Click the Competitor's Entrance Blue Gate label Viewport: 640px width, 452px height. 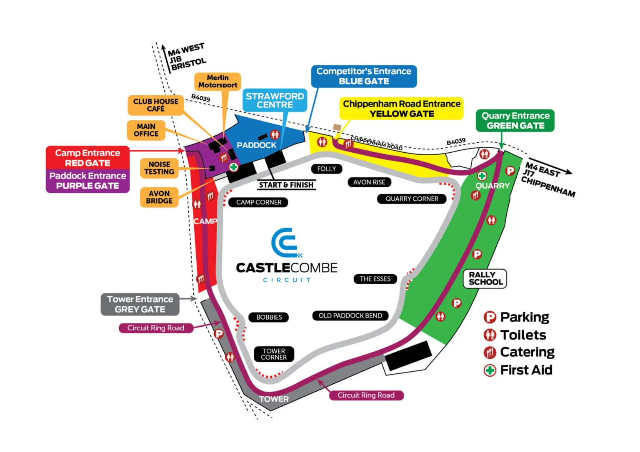[x=364, y=76]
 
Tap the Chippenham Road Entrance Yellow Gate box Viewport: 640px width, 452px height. [x=402, y=109]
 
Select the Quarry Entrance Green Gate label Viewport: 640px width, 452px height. [x=515, y=121]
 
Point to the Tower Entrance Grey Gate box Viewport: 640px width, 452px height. [x=140, y=304]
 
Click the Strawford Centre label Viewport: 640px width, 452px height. [x=275, y=100]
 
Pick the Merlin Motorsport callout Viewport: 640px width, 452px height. [x=217, y=81]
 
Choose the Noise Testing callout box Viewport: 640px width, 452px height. [x=159, y=168]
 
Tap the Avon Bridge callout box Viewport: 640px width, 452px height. [x=159, y=197]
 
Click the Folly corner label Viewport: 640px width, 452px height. [x=327, y=169]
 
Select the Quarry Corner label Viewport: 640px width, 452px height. [x=412, y=199]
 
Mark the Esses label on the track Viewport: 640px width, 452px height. [x=375, y=279]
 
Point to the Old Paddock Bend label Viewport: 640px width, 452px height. [x=350, y=315]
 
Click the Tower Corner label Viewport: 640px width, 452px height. [x=274, y=354]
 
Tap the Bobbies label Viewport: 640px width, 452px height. [x=269, y=317]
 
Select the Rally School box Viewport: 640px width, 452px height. [x=485, y=278]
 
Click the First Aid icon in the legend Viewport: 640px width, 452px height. [x=490, y=370]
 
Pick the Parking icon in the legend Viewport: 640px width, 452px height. [x=490, y=317]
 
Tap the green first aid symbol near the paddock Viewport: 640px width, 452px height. [x=234, y=167]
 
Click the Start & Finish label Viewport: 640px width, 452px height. [x=286, y=185]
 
